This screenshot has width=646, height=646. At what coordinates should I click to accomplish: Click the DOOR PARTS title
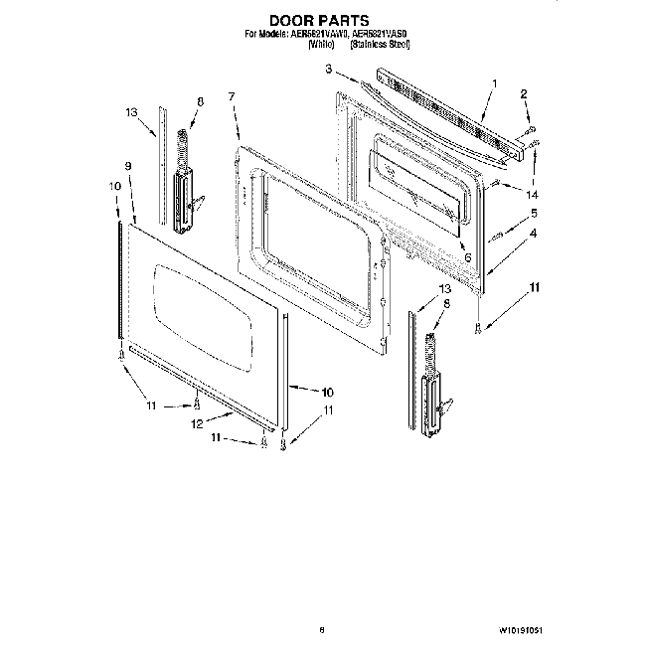[320, 19]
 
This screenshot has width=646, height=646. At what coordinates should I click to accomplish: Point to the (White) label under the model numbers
[321, 45]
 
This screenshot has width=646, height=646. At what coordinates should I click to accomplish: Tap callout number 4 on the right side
[534, 234]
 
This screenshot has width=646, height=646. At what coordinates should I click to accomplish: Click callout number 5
[534, 213]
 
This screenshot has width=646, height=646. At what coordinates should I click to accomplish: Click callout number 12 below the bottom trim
[197, 424]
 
